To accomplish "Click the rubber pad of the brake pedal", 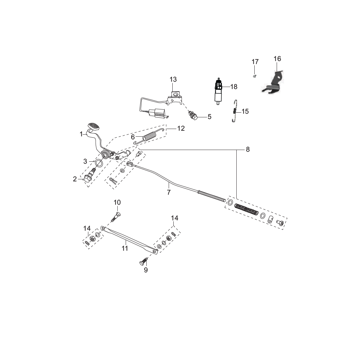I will coord(94,126).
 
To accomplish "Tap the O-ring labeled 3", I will coord(99,163).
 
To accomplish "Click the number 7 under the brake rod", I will coord(169,192).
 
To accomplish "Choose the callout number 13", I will coord(173,79).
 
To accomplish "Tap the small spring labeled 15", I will coord(235,111).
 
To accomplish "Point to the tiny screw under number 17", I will coord(254,76).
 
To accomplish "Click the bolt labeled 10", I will coord(116,216).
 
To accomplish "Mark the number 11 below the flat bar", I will coord(125,248).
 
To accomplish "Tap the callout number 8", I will coord(248,150).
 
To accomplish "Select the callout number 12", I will coord(181,128).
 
